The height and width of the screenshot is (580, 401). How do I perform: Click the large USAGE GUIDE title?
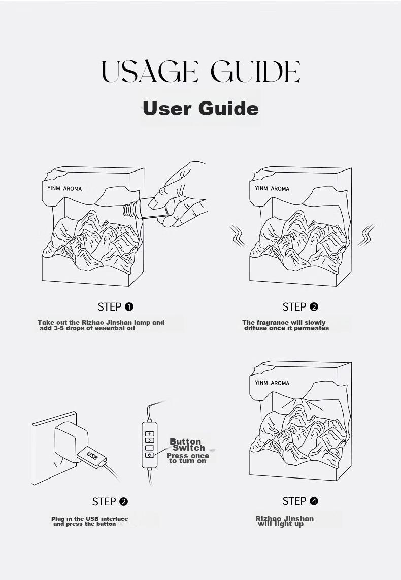pyautogui.click(x=201, y=71)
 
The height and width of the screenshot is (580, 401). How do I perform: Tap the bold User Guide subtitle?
pyautogui.click(x=201, y=109)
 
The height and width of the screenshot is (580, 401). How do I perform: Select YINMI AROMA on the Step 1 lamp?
pyautogui.click(x=64, y=188)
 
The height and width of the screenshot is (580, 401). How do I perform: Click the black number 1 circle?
pyautogui.click(x=129, y=306)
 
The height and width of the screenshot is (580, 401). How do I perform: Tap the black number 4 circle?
pyautogui.click(x=314, y=501)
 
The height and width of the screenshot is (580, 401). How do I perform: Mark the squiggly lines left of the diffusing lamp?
pyautogui.click(x=237, y=235)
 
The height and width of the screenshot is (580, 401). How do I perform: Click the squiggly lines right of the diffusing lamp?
pyautogui.click(x=366, y=235)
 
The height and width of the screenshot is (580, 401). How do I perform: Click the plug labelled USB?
pyautogui.click(x=91, y=457)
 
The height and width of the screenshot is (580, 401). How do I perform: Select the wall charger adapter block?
pyautogui.click(x=71, y=442)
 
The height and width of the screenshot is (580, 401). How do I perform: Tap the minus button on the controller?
pyautogui.click(x=149, y=448)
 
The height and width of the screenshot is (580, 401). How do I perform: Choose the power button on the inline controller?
pyautogui.click(x=149, y=455)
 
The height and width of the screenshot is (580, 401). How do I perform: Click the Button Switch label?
pyautogui.click(x=186, y=444)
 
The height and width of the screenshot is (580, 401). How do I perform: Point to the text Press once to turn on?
pyautogui.click(x=187, y=458)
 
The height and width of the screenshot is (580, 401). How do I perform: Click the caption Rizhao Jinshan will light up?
pyautogui.click(x=284, y=521)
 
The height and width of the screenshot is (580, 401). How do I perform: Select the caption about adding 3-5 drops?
pyautogui.click(x=101, y=325)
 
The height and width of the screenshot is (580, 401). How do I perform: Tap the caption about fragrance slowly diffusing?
pyautogui.click(x=285, y=325)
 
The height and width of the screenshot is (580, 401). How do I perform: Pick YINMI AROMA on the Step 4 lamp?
pyautogui.click(x=272, y=383)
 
